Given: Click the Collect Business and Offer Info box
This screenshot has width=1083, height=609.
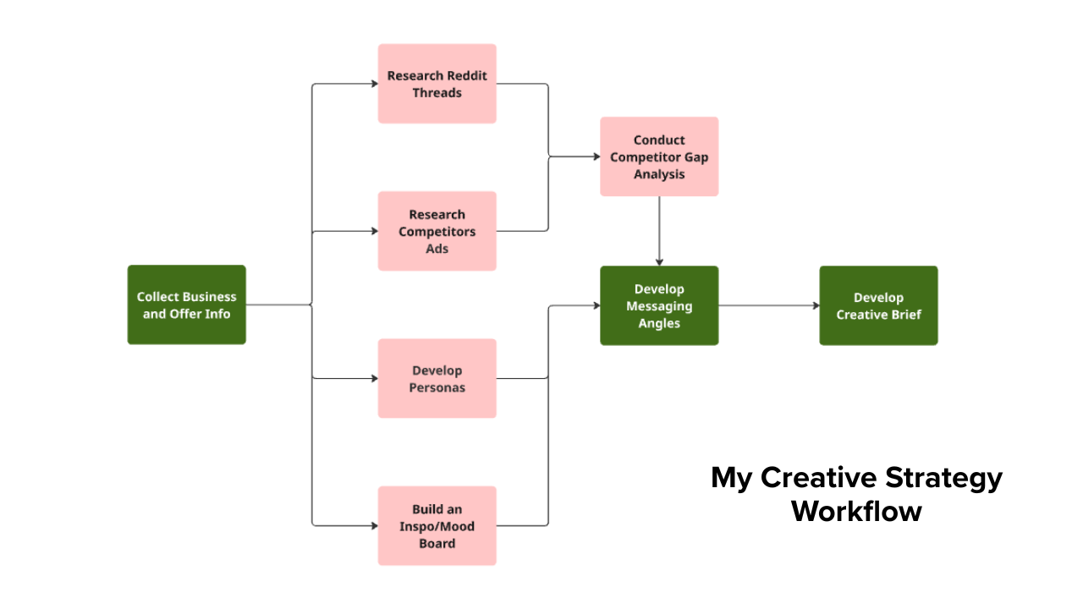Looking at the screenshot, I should [186, 304].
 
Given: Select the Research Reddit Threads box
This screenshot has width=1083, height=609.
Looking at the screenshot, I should [437, 84].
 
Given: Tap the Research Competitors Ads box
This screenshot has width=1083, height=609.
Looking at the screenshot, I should [437, 231].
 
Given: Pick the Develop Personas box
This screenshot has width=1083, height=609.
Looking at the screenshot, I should [437, 378].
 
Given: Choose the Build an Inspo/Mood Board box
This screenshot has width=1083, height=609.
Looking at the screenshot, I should [437, 525].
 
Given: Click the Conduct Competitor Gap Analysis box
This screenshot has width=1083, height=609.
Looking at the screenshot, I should [659, 156].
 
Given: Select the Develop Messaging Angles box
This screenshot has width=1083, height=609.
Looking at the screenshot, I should [659, 305].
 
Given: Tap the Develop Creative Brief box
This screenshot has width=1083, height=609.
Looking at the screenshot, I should [878, 305].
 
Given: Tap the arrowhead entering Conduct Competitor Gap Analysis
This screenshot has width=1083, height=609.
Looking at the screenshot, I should [596, 156].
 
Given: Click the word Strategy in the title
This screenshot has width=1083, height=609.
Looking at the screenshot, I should [943, 478].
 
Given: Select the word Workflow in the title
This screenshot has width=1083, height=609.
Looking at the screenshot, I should [856, 512].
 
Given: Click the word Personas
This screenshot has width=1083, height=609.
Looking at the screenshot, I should [437, 387].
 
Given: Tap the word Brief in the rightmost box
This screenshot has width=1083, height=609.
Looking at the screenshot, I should [904, 315].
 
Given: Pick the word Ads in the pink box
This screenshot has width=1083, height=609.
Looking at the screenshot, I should [437, 249].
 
